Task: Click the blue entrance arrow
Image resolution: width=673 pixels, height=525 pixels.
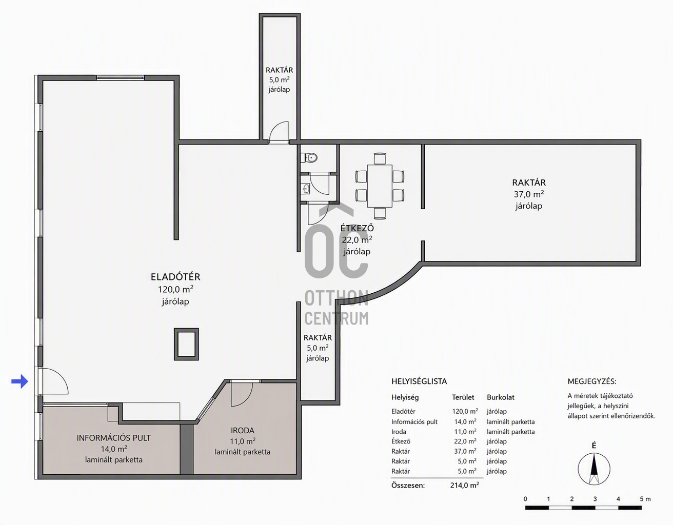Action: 20,381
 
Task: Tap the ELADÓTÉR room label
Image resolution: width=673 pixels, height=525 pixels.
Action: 175,277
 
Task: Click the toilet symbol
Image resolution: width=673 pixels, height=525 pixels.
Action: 309,158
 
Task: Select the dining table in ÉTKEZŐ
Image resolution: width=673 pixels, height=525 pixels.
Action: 380,186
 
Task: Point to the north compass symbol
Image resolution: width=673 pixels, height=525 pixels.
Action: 593,469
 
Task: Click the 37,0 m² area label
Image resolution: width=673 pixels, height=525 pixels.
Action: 529,194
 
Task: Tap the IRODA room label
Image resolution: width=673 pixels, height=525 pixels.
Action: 242,430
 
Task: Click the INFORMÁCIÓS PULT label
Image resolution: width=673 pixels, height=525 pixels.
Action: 114,438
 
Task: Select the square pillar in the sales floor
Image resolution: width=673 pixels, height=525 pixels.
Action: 186,344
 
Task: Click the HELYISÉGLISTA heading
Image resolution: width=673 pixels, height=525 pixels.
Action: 419,381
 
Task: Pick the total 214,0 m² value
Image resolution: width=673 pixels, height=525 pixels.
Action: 464,485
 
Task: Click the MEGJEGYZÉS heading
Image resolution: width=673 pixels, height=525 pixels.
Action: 592,381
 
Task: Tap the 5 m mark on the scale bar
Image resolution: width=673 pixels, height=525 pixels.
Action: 645,499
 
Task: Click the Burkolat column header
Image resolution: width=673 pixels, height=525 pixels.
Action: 501,397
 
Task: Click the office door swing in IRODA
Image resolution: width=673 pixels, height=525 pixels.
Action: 242,395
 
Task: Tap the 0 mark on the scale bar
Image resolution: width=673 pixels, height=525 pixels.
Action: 525,499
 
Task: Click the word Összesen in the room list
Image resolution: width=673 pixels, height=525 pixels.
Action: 408,485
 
